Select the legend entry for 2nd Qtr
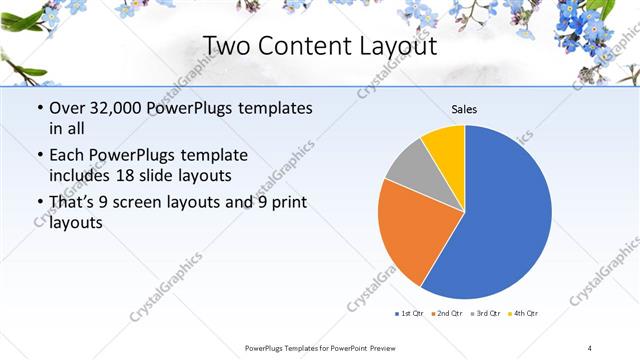(x=445, y=314)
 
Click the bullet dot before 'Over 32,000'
(x=38, y=108)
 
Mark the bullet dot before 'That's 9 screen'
(x=38, y=204)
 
